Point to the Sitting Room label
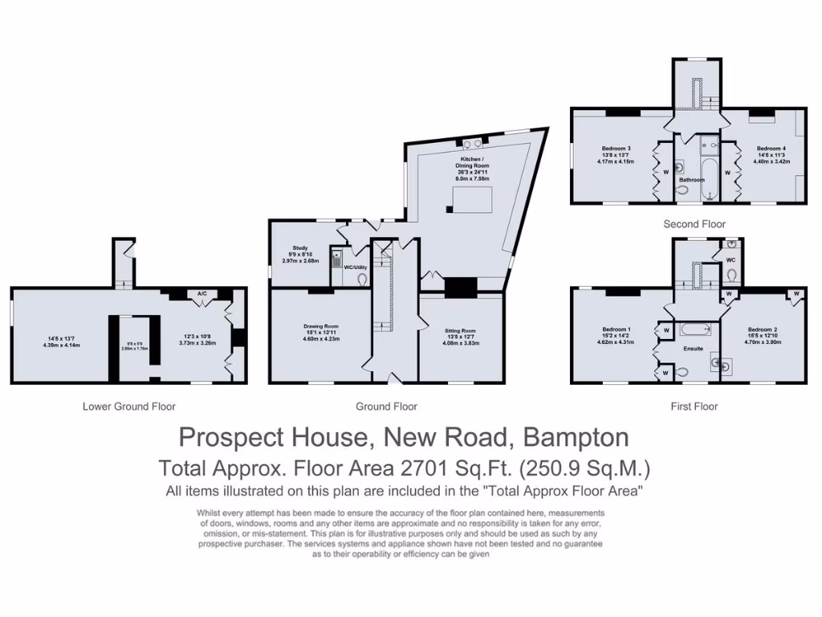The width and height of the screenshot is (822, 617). [x=461, y=330]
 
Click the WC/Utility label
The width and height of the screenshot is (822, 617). [x=356, y=267]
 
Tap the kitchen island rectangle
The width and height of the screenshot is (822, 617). [x=472, y=198]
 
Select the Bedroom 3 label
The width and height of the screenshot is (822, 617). [x=616, y=149]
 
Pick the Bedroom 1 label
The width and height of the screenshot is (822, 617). [x=616, y=329]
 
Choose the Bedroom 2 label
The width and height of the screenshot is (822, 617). [x=762, y=329]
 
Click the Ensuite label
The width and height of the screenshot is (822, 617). [x=693, y=349]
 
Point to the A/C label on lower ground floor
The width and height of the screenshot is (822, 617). [x=202, y=294]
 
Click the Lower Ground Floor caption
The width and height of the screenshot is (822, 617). [x=129, y=407]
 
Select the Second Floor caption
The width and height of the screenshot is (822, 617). [x=694, y=224]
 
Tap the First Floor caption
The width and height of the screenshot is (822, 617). [x=694, y=407]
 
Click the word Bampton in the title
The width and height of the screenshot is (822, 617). [x=576, y=437]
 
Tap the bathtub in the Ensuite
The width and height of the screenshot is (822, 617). [x=694, y=329]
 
